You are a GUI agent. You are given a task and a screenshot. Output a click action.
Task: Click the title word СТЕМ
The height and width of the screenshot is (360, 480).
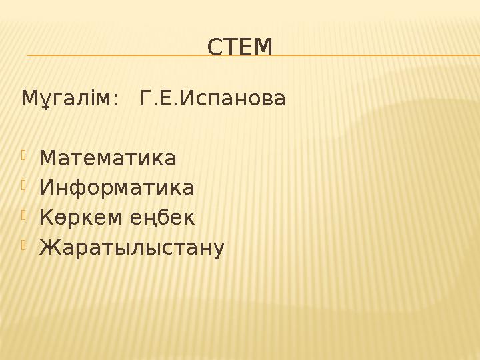pos(240,47)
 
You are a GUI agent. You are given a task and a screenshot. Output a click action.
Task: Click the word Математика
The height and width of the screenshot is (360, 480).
pos(108,158)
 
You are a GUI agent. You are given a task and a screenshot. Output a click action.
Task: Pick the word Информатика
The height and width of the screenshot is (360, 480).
pos(117,187)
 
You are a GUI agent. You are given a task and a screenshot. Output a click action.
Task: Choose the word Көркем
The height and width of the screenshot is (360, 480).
pos(80,217)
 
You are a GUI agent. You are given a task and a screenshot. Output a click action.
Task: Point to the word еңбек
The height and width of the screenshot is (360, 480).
pos(162,217)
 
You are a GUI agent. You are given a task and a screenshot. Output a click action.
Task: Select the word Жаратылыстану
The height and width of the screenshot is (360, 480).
pos(132,247)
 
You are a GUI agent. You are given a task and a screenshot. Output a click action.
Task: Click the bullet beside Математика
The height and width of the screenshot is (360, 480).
pos(24,155)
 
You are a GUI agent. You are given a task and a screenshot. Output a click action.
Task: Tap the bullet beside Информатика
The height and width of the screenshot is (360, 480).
pos(24,185)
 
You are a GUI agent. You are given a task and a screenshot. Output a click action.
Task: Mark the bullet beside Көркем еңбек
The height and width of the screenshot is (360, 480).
pos(24,215)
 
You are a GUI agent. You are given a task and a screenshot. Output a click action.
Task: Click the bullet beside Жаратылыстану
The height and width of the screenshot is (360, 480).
pos(24,245)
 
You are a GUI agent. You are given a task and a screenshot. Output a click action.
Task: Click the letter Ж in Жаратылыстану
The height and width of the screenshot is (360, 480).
pos(51,247)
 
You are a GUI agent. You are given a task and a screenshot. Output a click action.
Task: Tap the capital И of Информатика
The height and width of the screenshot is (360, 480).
pos(46,187)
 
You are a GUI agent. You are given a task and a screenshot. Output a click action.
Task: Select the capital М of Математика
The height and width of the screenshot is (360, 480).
pos(48,158)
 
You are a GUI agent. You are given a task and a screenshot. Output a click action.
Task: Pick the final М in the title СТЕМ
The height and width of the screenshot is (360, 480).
pos(263,47)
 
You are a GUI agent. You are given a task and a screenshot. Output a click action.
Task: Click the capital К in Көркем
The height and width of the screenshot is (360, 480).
pos(46,217)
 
